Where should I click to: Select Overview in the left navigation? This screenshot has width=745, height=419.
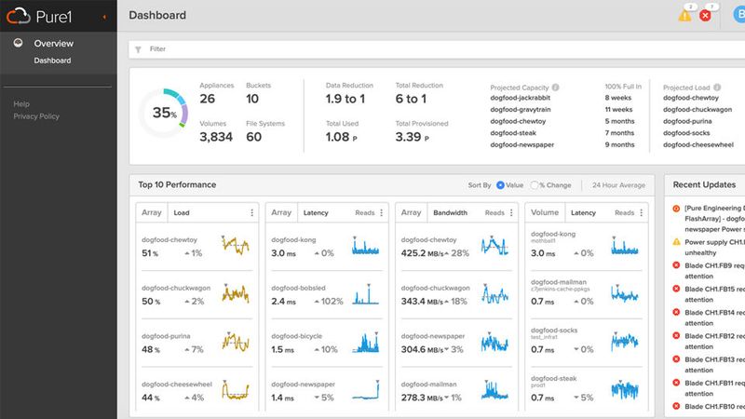tap(53, 44)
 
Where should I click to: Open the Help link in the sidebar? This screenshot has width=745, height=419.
tap(21, 104)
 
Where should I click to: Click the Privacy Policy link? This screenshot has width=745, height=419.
tap(36, 116)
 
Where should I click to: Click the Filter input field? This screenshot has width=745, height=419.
tap(372, 49)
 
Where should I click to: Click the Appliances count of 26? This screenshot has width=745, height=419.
tap(208, 99)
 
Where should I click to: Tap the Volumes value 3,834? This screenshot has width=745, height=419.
tap(216, 137)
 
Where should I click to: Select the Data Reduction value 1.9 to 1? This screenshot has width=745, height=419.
tap(345, 99)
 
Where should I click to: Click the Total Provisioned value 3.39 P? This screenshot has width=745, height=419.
tap(413, 137)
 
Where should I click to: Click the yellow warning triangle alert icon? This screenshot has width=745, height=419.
tap(685, 16)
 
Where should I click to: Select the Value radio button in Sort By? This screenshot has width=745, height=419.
tap(501, 185)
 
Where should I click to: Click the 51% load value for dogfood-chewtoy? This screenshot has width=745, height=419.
tap(151, 253)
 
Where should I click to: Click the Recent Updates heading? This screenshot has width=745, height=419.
tap(705, 184)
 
